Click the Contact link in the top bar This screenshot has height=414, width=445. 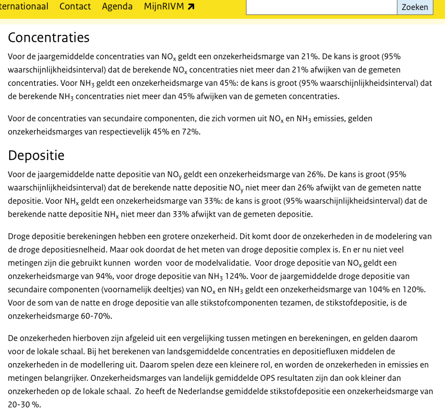coord(75,7)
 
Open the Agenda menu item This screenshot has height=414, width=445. coord(117,7)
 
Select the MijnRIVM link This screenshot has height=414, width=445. coord(164,7)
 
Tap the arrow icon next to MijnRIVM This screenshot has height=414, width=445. coord(191,7)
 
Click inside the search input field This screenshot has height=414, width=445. coord(321,7)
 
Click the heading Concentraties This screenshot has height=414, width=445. coord(49,37)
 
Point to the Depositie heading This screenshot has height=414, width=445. coord(36,155)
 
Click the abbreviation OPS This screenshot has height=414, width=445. coord(280,378)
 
